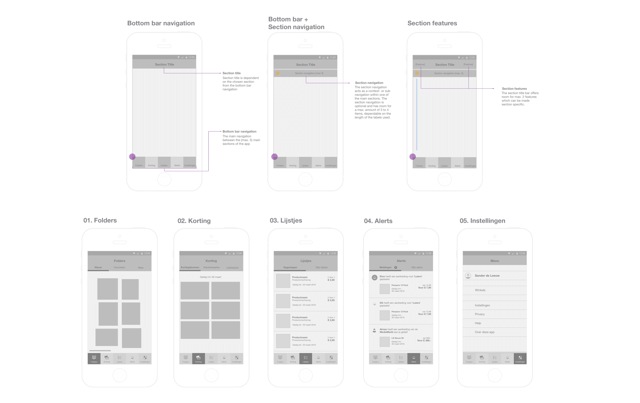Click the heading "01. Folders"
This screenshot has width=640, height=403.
[x=100, y=220]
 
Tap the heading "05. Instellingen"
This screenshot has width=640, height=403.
[x=482, y=221]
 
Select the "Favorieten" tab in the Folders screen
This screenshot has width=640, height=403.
[x=120, y=268]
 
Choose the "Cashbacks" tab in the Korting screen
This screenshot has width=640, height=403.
[x=232, y=268]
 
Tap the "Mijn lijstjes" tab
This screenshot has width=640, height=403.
[x=322, y=268]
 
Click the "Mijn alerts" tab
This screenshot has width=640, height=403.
[x=417, y=268]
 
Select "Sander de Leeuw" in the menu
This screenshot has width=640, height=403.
[x=487, y=276]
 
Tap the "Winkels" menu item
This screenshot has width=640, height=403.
[x=480, y=290]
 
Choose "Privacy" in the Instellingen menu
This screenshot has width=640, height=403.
[x=480, y=314]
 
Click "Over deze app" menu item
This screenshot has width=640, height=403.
[x=484, y=332]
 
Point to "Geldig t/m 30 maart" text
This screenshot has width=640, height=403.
[x=210, y=277]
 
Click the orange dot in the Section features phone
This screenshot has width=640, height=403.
[x=417, y=73]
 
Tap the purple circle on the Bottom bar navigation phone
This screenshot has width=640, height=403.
[x=132, y=157]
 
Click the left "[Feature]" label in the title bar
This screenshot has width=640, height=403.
[x=420, y=65]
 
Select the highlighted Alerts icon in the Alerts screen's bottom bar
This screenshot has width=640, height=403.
[x=414, y=359]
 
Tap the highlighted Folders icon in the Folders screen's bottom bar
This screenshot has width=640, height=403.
[x=94, y=359]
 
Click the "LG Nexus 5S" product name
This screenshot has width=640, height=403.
[x=397, y=338]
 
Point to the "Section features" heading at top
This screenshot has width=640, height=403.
[x=432, y=23]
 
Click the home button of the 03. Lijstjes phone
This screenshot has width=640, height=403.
[x=305, y=376]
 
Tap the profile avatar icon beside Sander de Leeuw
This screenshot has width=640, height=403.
[x=468, y=276]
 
